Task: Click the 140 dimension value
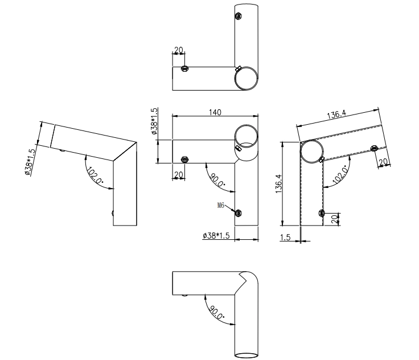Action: pyautogui.click(x=215, y=112)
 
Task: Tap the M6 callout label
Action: pyautogui.click(x=221, y=206)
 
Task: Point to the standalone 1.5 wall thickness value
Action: pyautogui.click(x=285, y=237)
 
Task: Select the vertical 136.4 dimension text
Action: pyautogui.click(x=278, y=184)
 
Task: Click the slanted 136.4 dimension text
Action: pyautogui.click(x=336, y=114)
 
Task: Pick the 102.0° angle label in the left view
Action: pyautogui.click(x=95, y=175)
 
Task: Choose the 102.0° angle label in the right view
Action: pyautogui.click(x=341, y=175)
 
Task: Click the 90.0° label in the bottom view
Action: pyautogui.click(x=216, y=312)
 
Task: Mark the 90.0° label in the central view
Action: pyautogui.click(x=217, y=180)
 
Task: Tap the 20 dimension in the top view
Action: pyautogui.click(x=179, y=50)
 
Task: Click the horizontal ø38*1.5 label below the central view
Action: pyautogui.click(x=216, y=236)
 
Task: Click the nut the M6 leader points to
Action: pyautogui.click(x=238, y=213)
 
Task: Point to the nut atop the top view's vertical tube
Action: pyautogui.click(x=238, y=16)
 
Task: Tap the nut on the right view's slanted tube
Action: pyautogui.click(x=373, y=148)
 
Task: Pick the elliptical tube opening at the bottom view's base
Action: pyautogui.click(x=247, y=355)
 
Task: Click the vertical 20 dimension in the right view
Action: pyautogui.click(x=335, y=219)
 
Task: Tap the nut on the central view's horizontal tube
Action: pyautogui.click(x=184, y=159)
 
